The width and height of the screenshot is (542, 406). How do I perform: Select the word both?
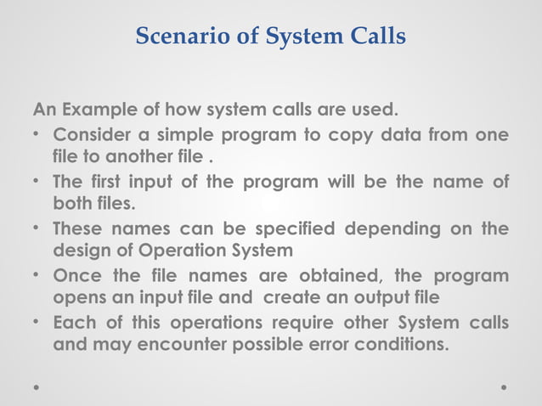pyautogui.click(x=72, y=205)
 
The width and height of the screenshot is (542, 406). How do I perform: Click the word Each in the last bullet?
pyautogui.click(x=73, y=323)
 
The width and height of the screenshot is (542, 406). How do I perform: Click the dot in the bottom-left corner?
pyautogui.click(x=37, y=386)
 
